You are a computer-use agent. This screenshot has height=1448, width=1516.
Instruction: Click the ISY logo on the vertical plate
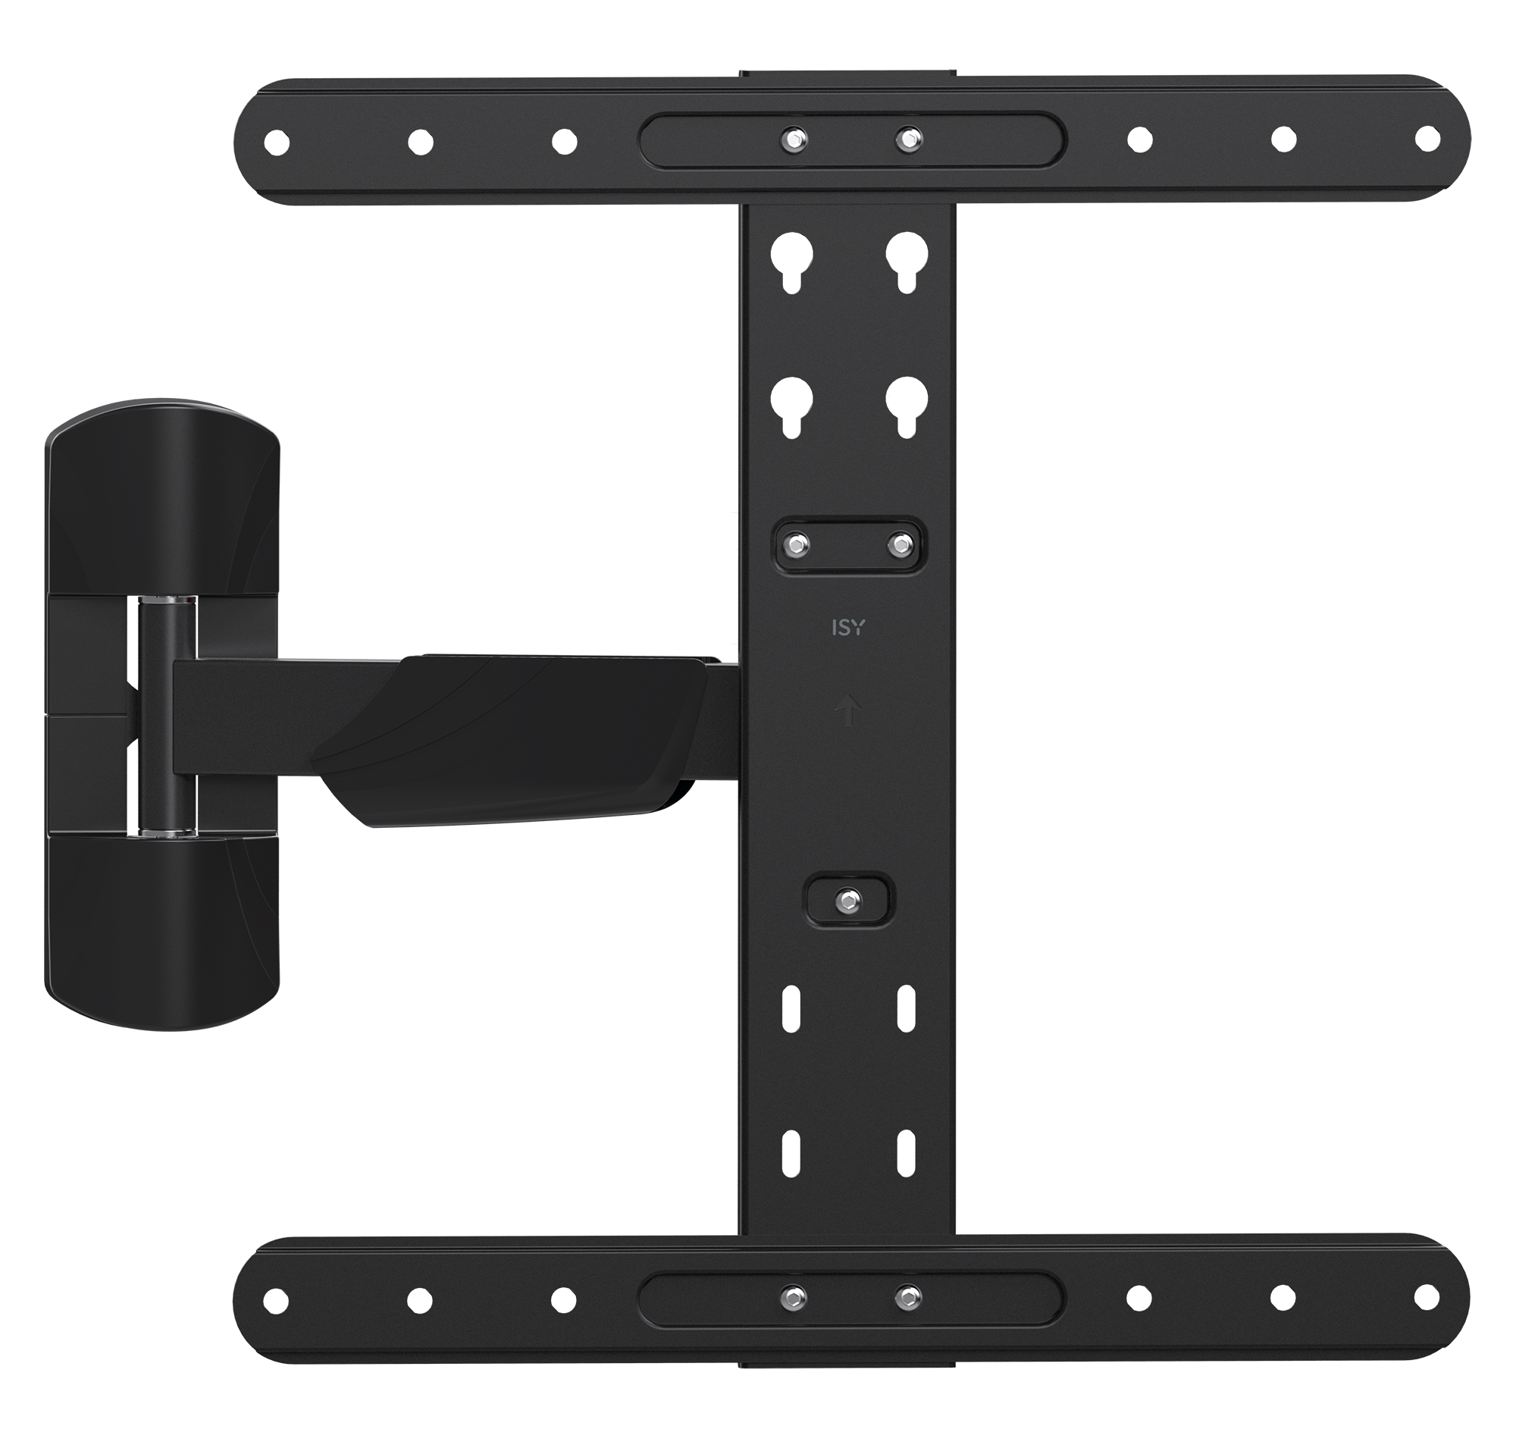click(847, 628)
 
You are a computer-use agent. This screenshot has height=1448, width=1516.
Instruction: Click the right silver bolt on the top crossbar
click(908, 139)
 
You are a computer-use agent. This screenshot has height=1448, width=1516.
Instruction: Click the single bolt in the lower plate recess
click(848, 899)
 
